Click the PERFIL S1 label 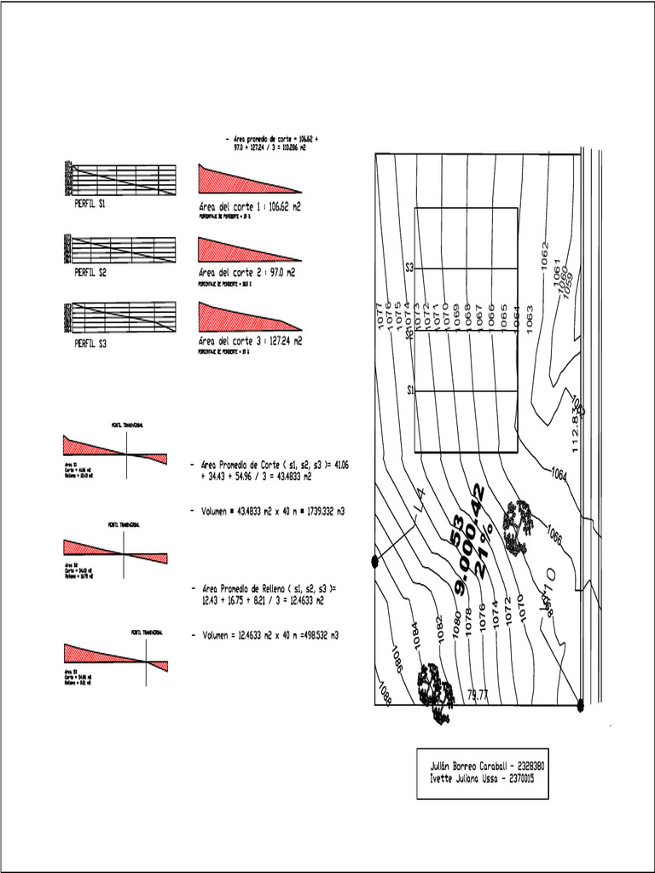[90, 205]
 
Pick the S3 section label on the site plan [409, 268]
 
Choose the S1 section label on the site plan [409, 390]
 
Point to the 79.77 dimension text [478, 696]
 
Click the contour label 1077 [380, 316]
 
